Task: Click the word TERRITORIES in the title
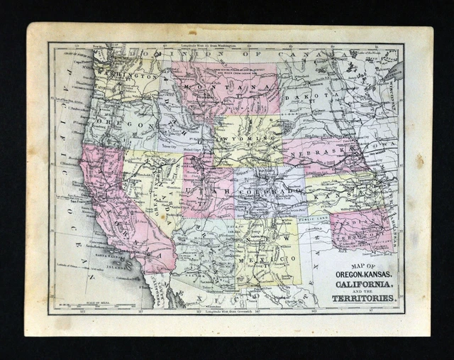pos(363,298)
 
